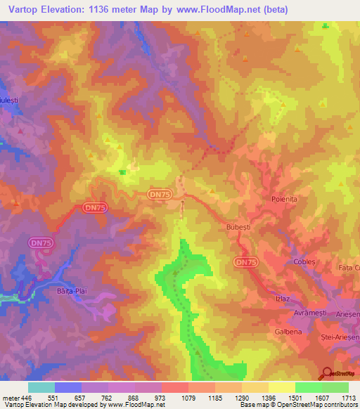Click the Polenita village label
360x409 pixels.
click(285, 199)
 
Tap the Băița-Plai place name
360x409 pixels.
click(70, 289)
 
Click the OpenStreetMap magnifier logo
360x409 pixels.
click(326, 373)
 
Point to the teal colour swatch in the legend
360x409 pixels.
click(41, 387)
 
